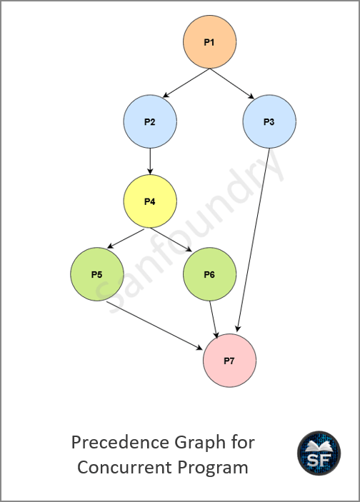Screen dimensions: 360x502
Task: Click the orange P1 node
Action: pos(210,42)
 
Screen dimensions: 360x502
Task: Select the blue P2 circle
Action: pos(150,121)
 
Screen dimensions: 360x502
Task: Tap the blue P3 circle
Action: pos(269,121)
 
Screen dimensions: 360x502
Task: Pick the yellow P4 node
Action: pos(150,201)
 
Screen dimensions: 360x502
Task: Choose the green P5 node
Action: pos(97,274)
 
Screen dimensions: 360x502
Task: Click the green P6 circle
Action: pos(210,274)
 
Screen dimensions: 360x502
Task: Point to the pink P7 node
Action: pos(230,361)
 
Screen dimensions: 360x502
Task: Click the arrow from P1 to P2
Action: pos(186,83)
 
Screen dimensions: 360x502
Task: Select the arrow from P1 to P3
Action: pos(232,84)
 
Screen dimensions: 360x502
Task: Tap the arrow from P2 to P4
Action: pos(150,161)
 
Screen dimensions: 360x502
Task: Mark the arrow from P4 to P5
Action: pos(126,239)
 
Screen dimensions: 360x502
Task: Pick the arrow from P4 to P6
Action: pos(171,240)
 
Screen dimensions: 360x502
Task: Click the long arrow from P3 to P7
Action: pos(253,240)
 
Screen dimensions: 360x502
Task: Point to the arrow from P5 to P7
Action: pos(155,326)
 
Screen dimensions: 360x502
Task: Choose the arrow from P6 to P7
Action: pos(214,319)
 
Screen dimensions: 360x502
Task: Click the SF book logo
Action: pos(319,453)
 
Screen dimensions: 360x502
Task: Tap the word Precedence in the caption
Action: pos(121,443)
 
